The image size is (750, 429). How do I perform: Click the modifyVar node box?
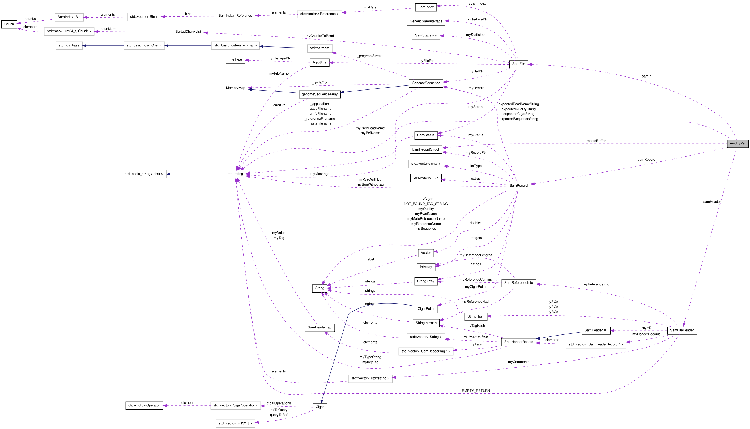[737, 144]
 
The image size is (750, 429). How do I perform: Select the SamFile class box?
[518, 64]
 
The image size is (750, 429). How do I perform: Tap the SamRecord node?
[518, 186]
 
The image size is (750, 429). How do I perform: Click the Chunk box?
[9, 24]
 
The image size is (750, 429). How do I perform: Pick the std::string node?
[235, 174]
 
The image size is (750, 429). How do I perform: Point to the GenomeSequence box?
[426, 83]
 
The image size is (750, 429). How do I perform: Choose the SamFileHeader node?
[682, 330]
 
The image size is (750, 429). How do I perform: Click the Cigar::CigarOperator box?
[144, 405]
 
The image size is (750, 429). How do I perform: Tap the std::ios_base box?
[69, 45]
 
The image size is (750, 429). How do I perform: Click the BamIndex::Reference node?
[235, 16]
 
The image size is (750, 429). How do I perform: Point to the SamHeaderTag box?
[319, 327]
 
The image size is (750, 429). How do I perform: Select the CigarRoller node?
[426, 309]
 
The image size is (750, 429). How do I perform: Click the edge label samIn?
[647, 76]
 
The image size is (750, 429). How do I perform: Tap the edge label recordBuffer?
[596, 141]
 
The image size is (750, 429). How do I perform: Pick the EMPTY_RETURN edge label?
[476, 391]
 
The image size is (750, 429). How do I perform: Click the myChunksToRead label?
[319, 36]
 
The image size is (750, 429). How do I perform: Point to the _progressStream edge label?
[370, 56]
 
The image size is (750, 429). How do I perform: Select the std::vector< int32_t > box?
[235, 423]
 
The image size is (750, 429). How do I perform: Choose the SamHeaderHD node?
[596, 330]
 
